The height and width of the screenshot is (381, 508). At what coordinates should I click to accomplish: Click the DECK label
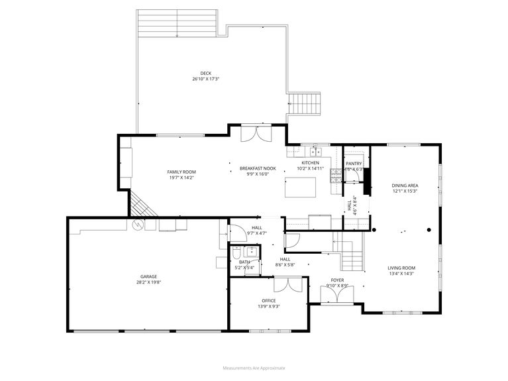[x=205, y=73]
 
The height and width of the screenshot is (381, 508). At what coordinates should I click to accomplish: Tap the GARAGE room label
[x=148, y=276]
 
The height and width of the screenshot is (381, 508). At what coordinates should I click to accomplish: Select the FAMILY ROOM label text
[x=181, y=172]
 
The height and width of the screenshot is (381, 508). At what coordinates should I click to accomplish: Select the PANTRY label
[x=354, y=163]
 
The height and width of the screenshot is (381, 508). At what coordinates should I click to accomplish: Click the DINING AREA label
[x=404, y=186]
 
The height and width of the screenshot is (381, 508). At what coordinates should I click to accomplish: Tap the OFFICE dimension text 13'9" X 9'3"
[x=268, y=307]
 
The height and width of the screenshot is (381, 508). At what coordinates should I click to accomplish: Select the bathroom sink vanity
[x=250, y=252]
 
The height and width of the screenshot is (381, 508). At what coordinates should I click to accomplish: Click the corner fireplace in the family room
[x=142, y=205]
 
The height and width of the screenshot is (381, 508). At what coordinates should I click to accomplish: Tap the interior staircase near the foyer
[x=351, y=255]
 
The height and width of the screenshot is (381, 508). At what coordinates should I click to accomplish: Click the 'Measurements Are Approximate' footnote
[x=254, y=367]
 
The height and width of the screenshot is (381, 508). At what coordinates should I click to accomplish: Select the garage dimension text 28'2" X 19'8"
[x=148, y=282]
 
